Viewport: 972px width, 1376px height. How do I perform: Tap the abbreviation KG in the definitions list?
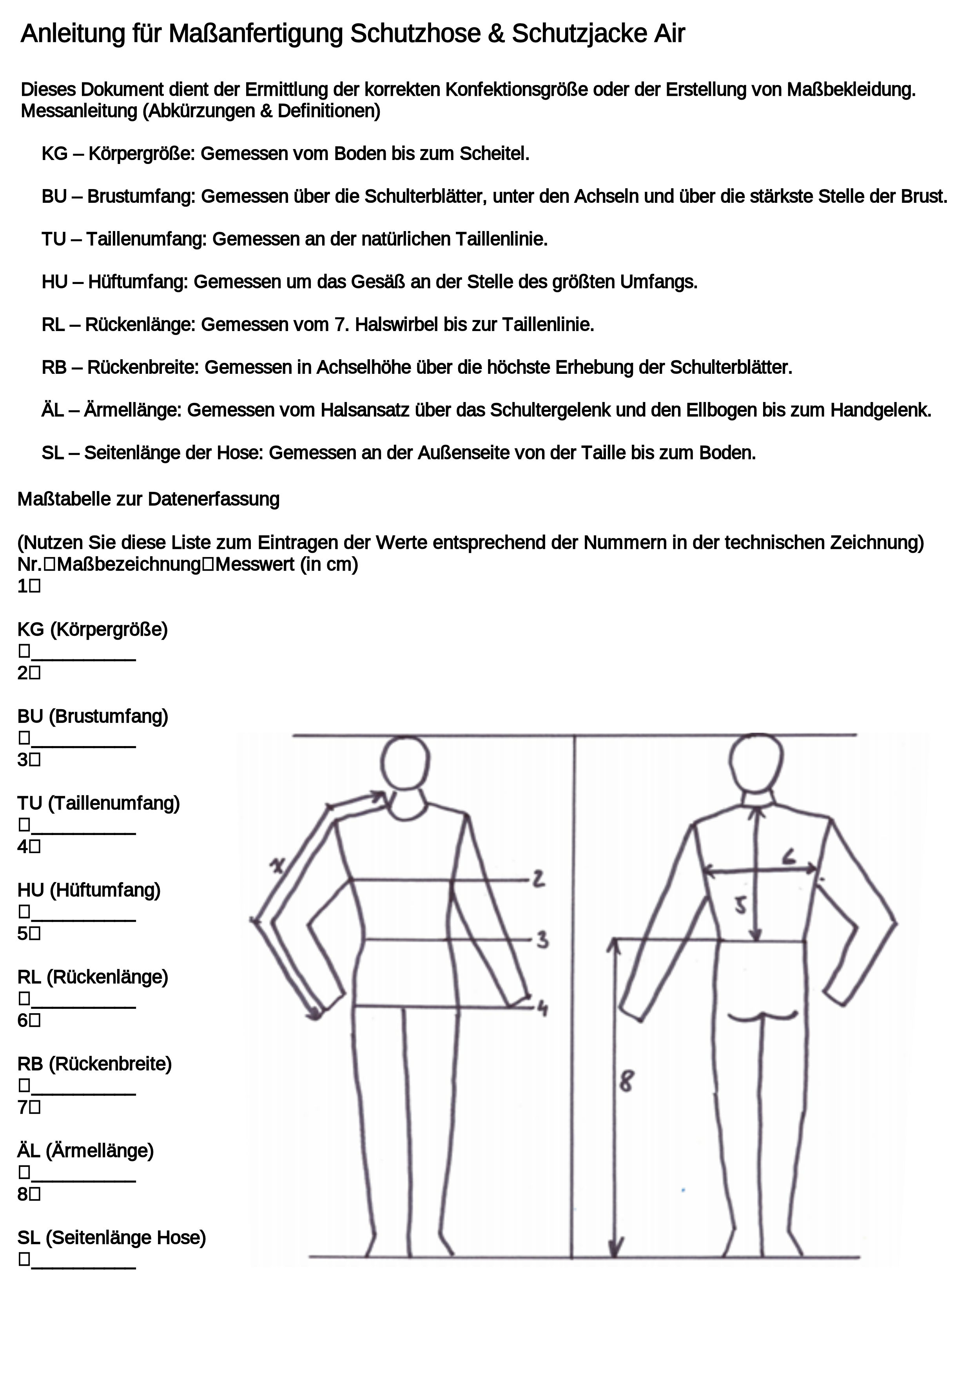point(54,154)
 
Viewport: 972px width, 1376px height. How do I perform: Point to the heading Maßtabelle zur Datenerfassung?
point(149,499)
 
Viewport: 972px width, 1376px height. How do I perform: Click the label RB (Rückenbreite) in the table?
point(94,1064)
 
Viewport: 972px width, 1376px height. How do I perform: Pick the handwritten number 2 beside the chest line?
point(539,879)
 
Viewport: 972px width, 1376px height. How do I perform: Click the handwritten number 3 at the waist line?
point(542,940)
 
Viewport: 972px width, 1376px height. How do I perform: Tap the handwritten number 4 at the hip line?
point(542,1008)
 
